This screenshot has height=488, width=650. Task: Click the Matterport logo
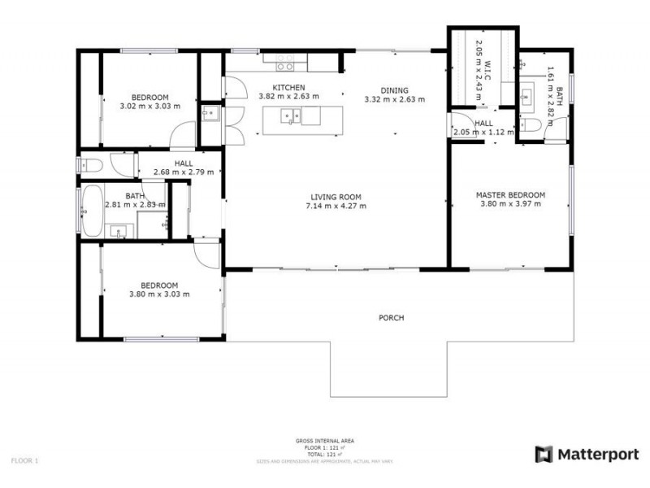click(x=587, y=455)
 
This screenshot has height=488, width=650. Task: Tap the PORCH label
click(x=391, y=317)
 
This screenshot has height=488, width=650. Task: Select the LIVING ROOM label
click(x=336, y=197)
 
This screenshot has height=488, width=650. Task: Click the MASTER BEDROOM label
click(x=510, y=195)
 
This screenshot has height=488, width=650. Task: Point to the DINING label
click(x=394, y=90)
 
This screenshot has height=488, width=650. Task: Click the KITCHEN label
click(x=288, y=88)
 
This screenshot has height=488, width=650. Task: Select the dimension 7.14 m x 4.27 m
click(x=336, y=206)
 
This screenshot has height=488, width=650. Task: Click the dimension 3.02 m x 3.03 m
click(x=149, y=106)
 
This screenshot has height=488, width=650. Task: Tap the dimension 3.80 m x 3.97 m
click(x=510, y=204)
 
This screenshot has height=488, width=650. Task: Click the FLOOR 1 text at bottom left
click(x=24, y=461)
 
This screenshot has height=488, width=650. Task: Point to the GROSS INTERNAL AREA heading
click(x=325, y=441)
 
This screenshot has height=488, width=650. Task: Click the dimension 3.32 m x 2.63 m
click(x=394, y=99)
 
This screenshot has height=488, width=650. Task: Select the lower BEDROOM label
click(x=159, y=285)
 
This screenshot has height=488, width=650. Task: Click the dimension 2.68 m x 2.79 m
click(x=183, y=172)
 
